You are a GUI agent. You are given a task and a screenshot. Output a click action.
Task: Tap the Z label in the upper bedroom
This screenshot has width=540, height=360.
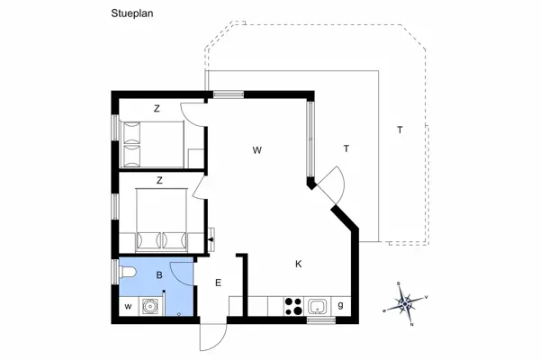[157, 109]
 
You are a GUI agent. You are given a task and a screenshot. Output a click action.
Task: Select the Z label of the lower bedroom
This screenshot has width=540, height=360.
[159, 180]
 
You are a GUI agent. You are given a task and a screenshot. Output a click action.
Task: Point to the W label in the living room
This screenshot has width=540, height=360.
[256, 149]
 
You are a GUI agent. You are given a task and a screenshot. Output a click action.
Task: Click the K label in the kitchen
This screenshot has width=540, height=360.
[298, 264]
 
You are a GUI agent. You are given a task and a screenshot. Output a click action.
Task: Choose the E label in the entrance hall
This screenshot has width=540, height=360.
[218, 283]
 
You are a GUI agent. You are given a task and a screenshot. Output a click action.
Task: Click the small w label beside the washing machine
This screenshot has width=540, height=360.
[128, 307]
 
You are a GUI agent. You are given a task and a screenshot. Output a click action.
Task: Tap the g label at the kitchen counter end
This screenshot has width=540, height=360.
[340, 306]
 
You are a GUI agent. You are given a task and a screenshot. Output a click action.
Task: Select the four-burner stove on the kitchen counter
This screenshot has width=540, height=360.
[292, 306]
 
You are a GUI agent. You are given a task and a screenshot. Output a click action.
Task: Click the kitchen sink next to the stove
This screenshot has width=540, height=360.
[317, 306]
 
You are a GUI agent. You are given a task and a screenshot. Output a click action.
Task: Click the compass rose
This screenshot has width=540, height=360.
[406, 301]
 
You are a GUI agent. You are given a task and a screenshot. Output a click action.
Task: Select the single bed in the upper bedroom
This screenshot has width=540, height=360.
[153, 142]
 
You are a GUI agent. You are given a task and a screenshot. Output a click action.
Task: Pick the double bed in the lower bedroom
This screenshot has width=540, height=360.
[161, 221]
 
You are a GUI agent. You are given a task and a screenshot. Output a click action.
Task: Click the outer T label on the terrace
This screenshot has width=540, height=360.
[400, 130]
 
